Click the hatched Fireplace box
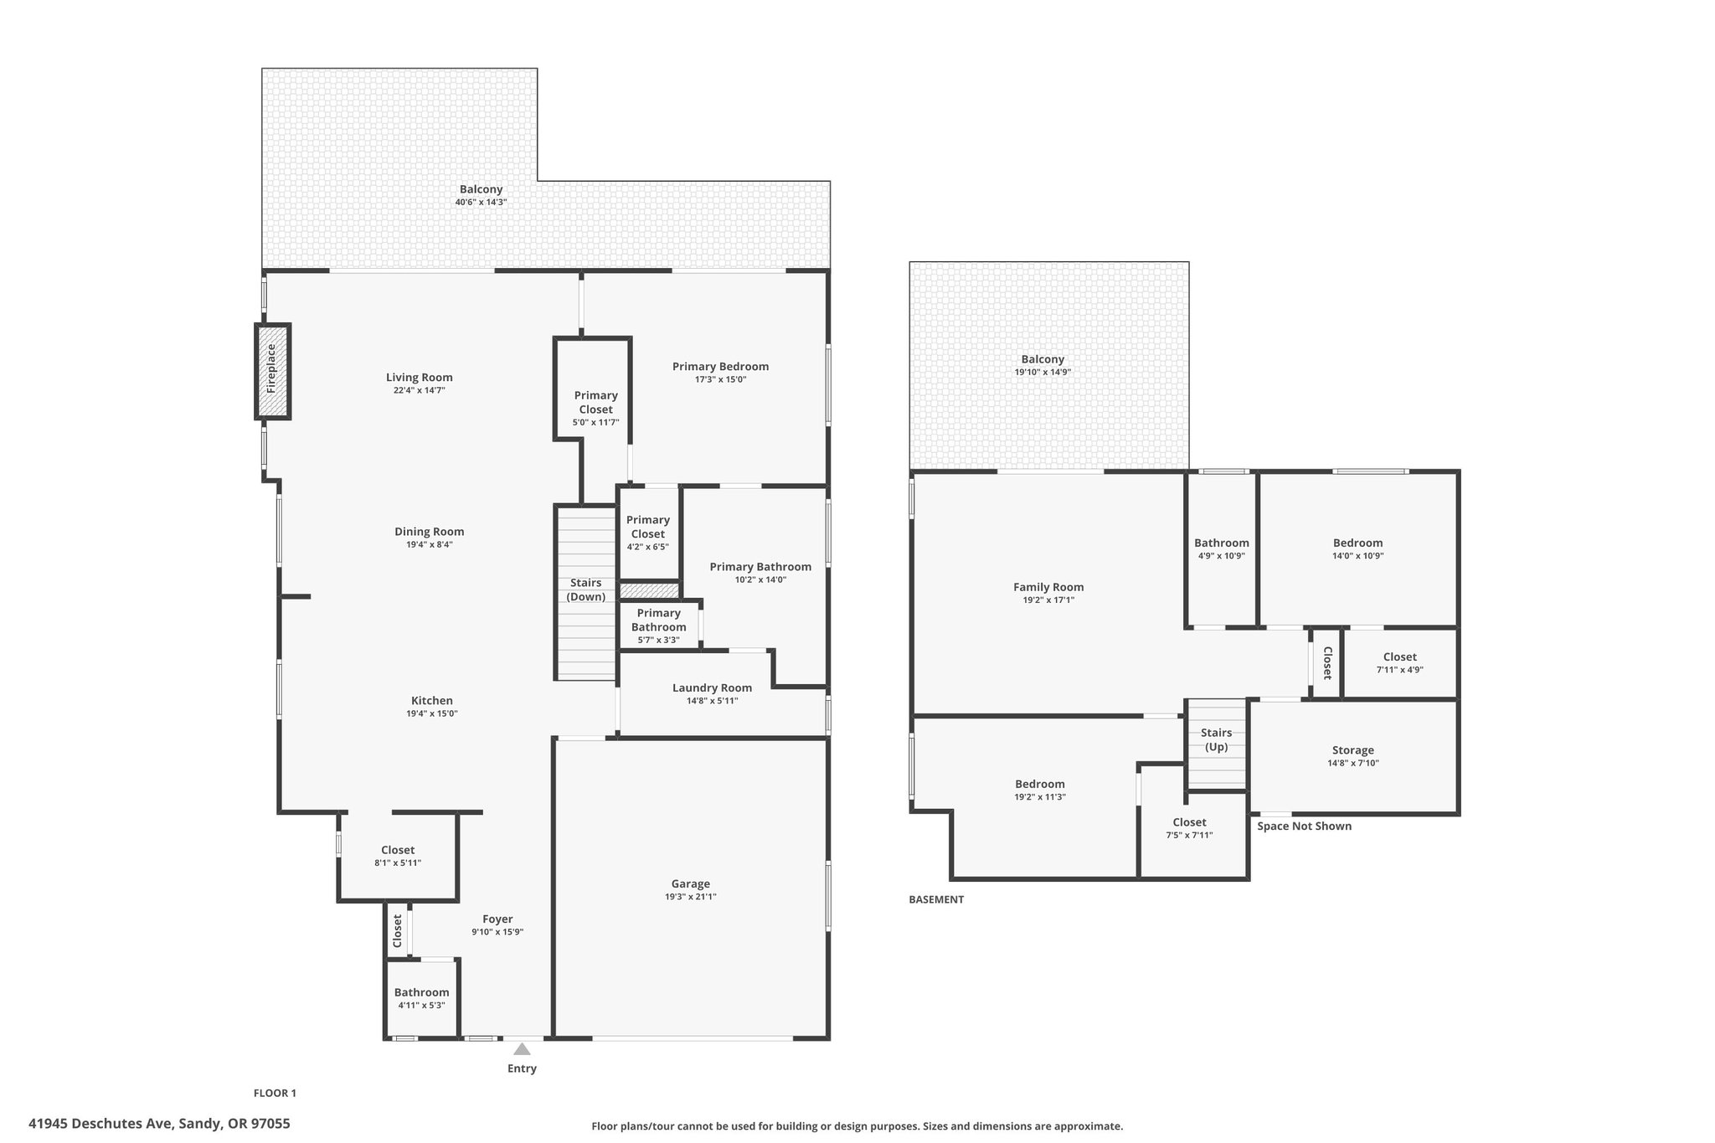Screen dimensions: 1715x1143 point(272,371)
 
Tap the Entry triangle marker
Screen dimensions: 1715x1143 point(522,1048)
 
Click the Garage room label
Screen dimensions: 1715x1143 point(691,883)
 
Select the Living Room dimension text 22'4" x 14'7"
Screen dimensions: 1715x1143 point(420,390)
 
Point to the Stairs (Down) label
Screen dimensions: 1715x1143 point(586,590)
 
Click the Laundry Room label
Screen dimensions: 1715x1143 point(712,687)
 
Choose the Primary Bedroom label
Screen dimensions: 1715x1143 point(720,366)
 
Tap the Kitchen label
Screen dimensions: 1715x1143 point(432,701)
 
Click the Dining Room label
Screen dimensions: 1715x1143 point(430,532)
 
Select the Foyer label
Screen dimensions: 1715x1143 point(497,919)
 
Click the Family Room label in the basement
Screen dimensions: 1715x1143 point(1048,587)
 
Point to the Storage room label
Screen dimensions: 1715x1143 point(1353,750)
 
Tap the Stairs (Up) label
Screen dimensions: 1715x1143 point(1217,739)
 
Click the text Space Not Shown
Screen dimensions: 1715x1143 point(1305,826)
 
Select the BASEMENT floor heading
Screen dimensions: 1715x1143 point(936,899)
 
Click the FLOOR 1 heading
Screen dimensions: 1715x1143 point(275,1093)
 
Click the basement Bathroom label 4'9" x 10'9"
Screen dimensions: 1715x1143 point(1222,548)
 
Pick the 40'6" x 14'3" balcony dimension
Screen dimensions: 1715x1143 point(482,202)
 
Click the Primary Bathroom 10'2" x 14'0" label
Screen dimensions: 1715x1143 point(760,573)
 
